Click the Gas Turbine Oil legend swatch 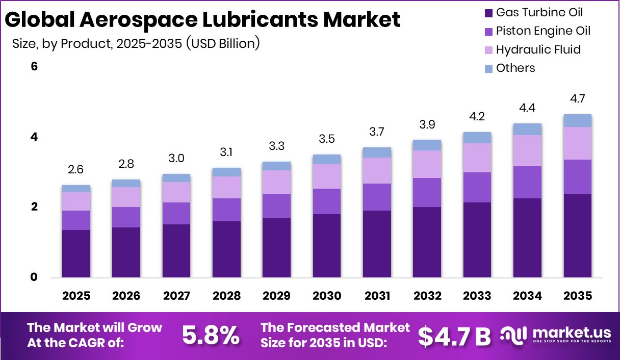pyautogui.click(x=488, y=13)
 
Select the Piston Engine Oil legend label pyautogui.click(x=543, y=31)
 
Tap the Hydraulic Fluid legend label pyautogui.click(x=538, y=49)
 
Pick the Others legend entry pyautogui.click(x=515, y=68)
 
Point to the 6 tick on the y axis pyautogui.click(x=35, y=67)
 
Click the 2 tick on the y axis pyautogui.click(x=35, y=207)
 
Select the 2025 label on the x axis pyautogui.click(x=76, y=296)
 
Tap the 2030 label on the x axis pyautogui.click(x=327, y=296)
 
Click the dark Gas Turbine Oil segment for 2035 pyautogui.click(x=578, y=236)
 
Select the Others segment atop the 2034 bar pyautogui.click(x=527, y=129)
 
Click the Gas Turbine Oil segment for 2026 pyautogui.click(x=126, y=252)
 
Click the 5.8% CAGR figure pyautogui.click(x=211, y=335)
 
